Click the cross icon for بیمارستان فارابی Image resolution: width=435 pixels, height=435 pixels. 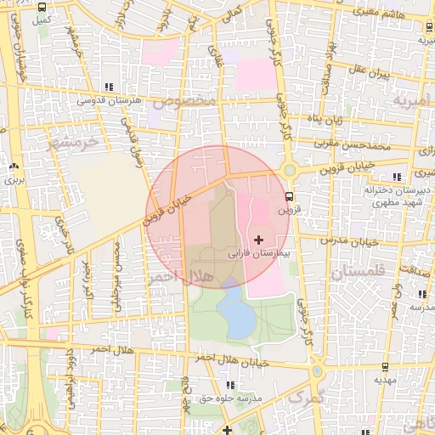coord(259,240)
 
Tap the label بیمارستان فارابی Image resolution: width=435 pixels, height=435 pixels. coord(259,254)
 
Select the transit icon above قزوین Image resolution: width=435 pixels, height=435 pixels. coord(291,196)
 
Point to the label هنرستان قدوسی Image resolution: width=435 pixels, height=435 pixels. coord(107,100)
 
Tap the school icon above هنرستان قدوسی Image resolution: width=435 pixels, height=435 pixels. coord(108,87)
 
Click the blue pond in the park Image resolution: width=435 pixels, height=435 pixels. coord(236,317)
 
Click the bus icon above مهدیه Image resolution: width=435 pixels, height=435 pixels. coord(386,368)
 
